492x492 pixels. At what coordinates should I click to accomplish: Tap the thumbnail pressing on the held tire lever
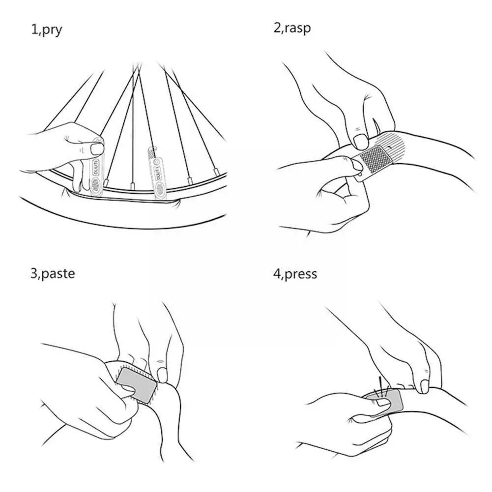coord(98,148)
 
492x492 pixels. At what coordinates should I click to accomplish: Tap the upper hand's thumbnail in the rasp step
coord(360,142)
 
